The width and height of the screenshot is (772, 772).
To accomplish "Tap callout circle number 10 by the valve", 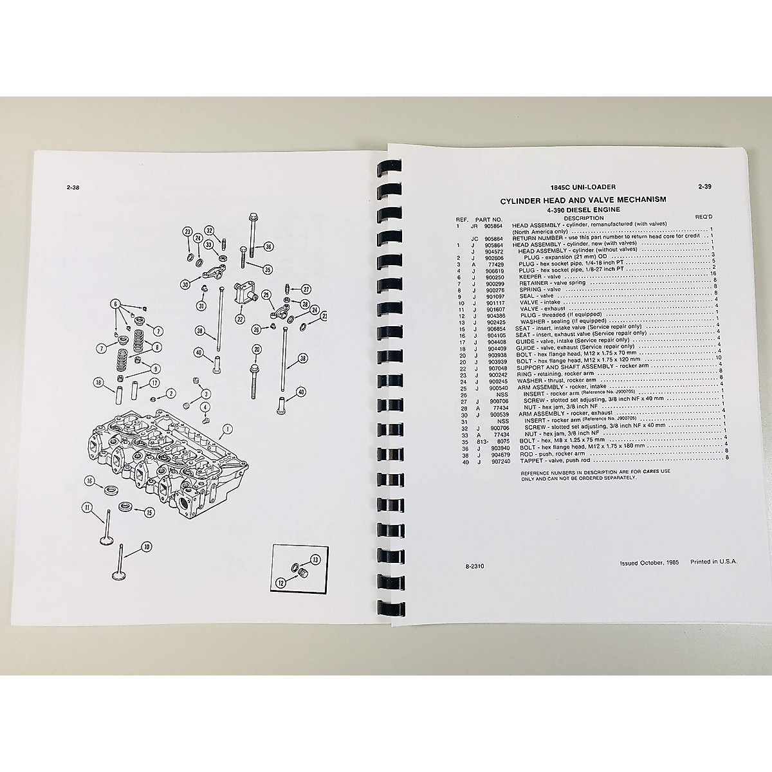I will click(147, 547).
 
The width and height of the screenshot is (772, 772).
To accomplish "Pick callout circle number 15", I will click(149, 513).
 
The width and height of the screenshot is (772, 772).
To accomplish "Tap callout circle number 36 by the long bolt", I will click(268, 246).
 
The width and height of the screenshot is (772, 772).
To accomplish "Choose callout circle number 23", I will click(188, 231).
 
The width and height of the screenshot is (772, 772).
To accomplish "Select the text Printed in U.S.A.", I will click(713, 561).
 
